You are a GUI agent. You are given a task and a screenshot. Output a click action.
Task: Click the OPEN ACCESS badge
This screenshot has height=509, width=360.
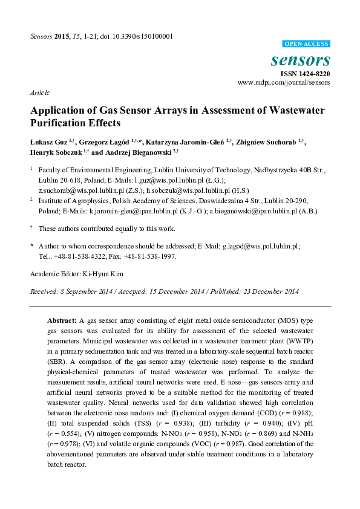[x=306, y=44]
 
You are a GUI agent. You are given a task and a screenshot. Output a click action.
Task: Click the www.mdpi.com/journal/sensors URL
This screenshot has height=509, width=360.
[x=284, y=82]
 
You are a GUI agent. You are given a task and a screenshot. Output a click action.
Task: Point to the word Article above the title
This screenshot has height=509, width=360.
[x=39, y=92]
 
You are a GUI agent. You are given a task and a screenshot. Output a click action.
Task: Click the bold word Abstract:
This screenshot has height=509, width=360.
[x=62, y=319]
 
